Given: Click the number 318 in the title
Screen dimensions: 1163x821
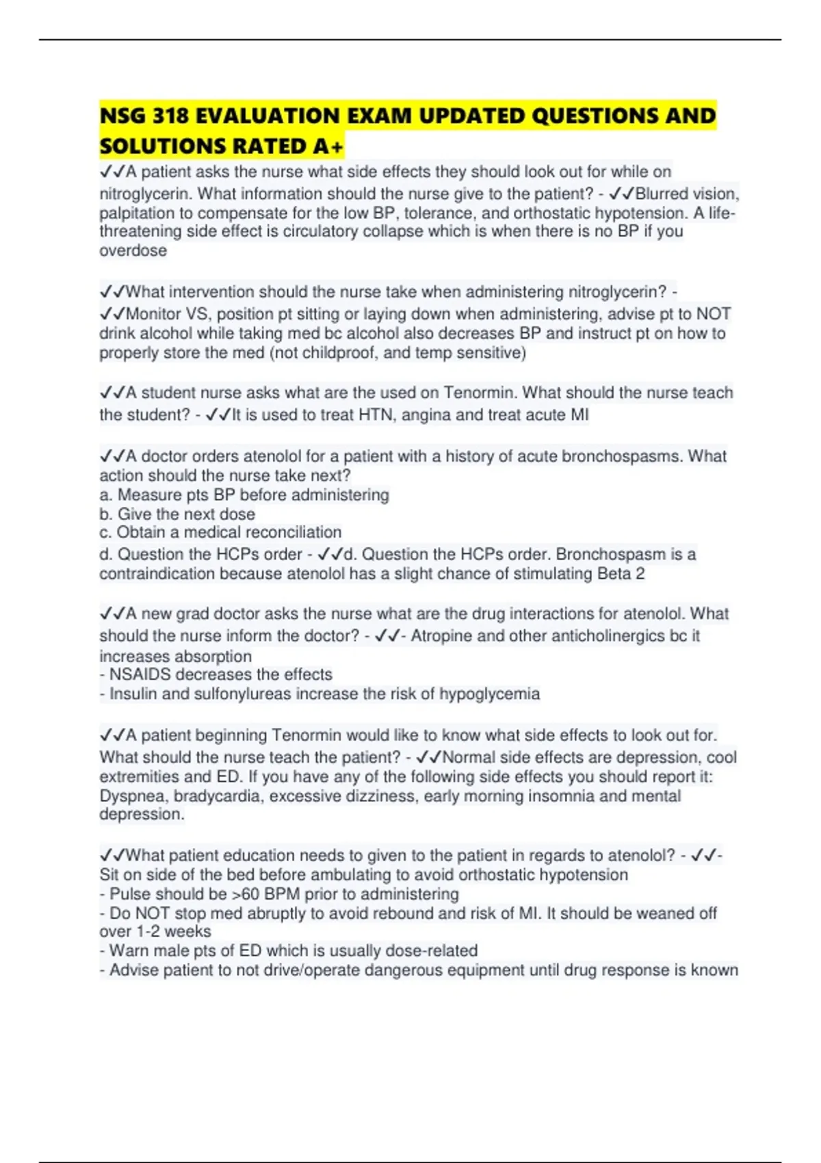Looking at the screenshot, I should [x=170, y=116].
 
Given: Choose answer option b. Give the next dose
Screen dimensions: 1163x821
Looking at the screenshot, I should [x=177, y=514].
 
